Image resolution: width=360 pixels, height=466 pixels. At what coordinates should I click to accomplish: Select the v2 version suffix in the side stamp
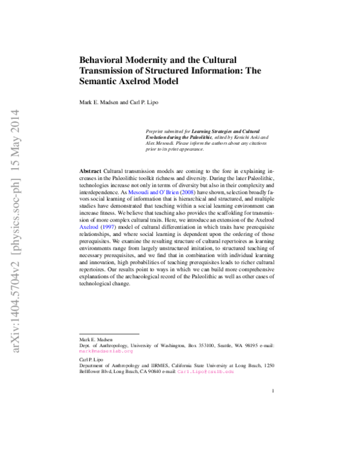pyautogui.click(x=16, y=268)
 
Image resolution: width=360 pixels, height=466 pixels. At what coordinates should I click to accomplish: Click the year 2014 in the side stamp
pyautogui.click(x=16, y=120)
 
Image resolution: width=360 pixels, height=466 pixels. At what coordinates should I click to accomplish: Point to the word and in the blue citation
pyautogui.click(x=154, y=193)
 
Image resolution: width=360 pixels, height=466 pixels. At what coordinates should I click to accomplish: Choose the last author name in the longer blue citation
pyautogui.click(x=169, y=193)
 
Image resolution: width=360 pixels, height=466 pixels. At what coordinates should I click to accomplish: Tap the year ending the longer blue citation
pyautogui.click(x=188, y=193)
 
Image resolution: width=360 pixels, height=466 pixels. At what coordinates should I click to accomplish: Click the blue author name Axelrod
pyautogui.click(x=88, y=228)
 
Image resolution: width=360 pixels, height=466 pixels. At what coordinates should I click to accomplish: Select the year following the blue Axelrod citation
pyautogui.click(x=109, y=228)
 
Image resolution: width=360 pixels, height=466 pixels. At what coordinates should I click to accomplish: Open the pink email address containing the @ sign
pyautogui.click(x=106, y=351)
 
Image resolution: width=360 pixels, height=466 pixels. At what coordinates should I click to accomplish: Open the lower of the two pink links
pyautogui.click(x=205, y=372)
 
